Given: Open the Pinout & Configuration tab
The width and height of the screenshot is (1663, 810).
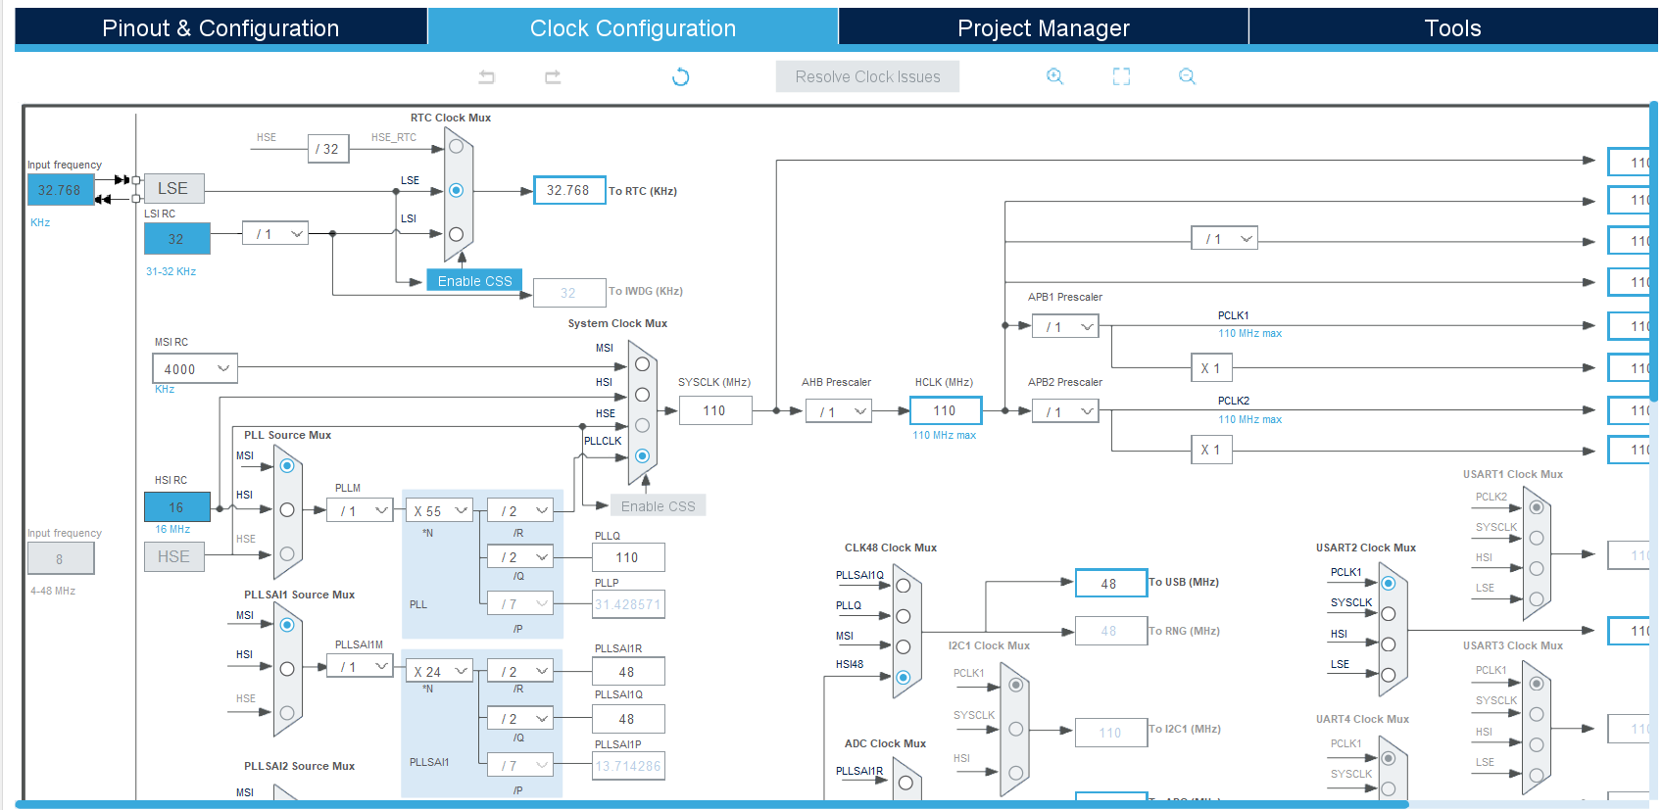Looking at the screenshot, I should [x=220, y=28].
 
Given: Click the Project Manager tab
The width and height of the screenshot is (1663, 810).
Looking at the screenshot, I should [x=1043, y=28].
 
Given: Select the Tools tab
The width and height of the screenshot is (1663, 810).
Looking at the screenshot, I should [x=1451, y=28].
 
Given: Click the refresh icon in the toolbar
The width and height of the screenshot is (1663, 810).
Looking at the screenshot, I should [x=680, y=76].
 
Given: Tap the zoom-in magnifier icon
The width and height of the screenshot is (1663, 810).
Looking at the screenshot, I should [x=1054, y=76].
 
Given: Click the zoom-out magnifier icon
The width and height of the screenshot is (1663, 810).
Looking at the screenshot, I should [x=1187, y=76].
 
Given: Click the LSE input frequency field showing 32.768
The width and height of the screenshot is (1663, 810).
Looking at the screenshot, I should [x=60, y=190].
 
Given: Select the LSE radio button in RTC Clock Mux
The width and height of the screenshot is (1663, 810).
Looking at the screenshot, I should [x=456, y=190].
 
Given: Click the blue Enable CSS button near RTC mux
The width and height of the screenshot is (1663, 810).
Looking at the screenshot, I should [x=474, y=280].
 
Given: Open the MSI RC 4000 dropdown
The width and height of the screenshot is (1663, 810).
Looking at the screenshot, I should [x=195, y=368].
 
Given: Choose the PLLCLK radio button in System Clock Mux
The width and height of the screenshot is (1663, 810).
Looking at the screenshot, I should [x=642, y=455].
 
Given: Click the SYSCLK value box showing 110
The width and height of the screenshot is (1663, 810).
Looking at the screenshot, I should [x=714, y=410].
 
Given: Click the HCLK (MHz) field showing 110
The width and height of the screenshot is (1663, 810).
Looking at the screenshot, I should [x=945, y=410].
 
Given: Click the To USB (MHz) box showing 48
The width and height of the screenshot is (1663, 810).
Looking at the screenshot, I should [x=1109, y=583].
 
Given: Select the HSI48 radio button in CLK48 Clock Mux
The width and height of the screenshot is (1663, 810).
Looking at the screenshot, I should [x=903, y=677].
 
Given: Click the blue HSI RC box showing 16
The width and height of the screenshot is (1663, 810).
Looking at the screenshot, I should [x=176, y=507].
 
